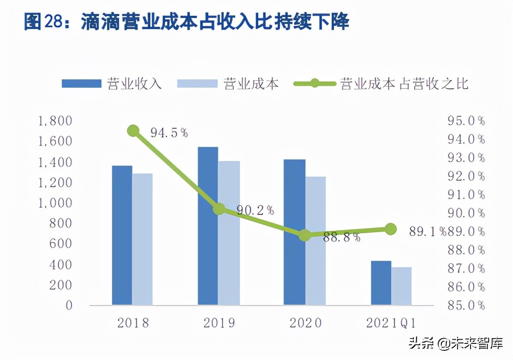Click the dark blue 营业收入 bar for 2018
(x=122, y=235)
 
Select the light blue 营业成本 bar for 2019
(x=229, y=233)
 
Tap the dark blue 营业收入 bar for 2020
(x=294, y=232)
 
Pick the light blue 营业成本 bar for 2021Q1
(x=401, y=286)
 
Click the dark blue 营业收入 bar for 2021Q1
(x=381, y=282)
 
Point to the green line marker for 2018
(x=133, y=131)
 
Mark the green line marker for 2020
(x=305, y=235)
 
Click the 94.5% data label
(x=169, y=133)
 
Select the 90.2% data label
(x=256, y=210)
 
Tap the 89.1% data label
(x=427, y=231)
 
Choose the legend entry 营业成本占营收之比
(x=404, y=84)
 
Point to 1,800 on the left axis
(x=56, y=121)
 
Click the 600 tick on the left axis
(x=62, y=244)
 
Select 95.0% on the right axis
(x=466, y=121)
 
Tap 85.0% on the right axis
(x=466, y=305)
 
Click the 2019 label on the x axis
(x=219, y=323)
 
